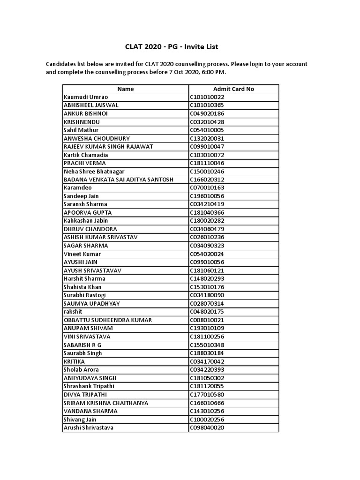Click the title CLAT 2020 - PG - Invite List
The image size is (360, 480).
click(171, 47)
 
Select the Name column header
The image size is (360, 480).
click(126, 89)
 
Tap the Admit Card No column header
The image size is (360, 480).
click(233, 89)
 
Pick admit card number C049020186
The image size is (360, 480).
click(207, 113)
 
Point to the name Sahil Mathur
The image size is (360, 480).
click(81, 130)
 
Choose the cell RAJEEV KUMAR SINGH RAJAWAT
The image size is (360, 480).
click(108, 147)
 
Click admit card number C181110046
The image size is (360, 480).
click(207, 163)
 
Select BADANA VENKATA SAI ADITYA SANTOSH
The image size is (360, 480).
click(119, 180)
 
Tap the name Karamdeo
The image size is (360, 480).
click(78, 188)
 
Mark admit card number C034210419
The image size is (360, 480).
click(207, 204)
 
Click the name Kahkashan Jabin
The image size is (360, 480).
click(86, 221)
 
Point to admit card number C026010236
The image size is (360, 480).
click(207, 237)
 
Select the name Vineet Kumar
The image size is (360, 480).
click(82, 254)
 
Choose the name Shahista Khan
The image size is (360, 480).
click(82, 287)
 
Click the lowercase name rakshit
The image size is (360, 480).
click(73, 312)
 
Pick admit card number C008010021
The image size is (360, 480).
click(207, 320)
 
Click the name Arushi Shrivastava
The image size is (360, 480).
click(89, 427)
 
